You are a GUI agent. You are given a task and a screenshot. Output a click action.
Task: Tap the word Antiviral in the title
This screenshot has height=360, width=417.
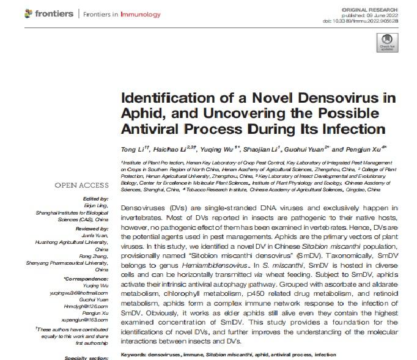coord(153,129)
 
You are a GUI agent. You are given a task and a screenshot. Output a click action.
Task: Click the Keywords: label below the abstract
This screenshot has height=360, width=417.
coord(137,355)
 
